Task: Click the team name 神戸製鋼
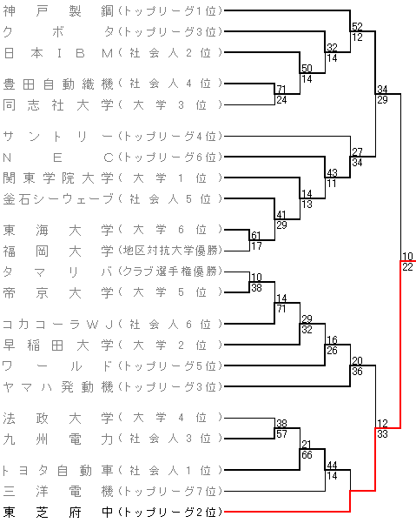pyautogui.click(x=58, y=11)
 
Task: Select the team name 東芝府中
pyautogui.click(x=58, y=512)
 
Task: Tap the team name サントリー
pyautogui.click(x=58, y=137)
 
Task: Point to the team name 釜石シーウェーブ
pyautogui.click(x=58, y=199)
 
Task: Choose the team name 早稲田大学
pyautogui.click(x=58, y=345)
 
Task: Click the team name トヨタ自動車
pyautogui.click(x=58, y=470)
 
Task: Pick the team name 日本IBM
pyautogui.click(x=58, y=53)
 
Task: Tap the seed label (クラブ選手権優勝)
pyautogui.click(x=170, y=272)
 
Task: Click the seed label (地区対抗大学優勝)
pyautogui.click(x=170, y=251)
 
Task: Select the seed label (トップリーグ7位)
pyautogui.click(x=170, y=492)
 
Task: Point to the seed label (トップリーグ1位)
pyautogui.click(x=170, y=11)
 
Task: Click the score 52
pyautogui.click(x=357, y=26)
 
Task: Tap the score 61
pyautogui.click(x=256, y=236)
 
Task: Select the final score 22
pyautogui.click(x=407, y=267)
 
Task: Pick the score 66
pyautogui.click(x=307, y=454)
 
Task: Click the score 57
pyautogui.click(x=281, y=434)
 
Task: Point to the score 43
pyautogui.click(x=332, y=173)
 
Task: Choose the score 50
pyautogui.click(x=307, y=69)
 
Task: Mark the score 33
pyautogui.click(x=382, y=434)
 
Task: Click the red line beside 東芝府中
pyautogui.click(x=287, y=512)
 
